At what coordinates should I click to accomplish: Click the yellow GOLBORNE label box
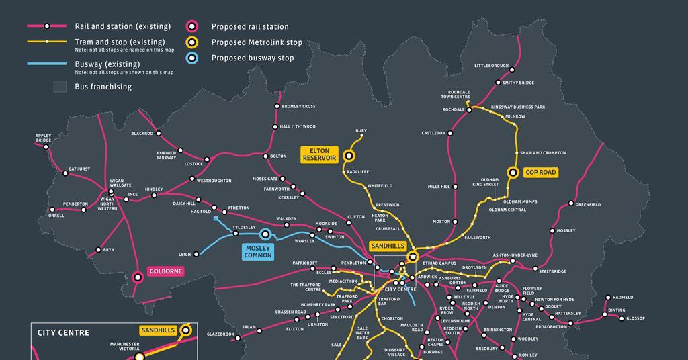(165, 271)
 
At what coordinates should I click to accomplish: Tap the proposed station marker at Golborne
(138, 276)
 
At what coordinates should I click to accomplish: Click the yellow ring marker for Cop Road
(513, 172)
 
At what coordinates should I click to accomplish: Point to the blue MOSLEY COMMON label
(258, 251)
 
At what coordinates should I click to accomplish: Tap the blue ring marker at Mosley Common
(265, 234)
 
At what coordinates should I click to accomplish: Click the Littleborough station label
(491, 66)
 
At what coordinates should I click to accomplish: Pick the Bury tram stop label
(361, 130)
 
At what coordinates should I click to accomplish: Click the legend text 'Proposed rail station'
(250, 27)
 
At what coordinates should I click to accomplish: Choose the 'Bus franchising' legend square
(60, 87)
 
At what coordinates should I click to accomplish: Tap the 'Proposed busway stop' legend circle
(192, 58)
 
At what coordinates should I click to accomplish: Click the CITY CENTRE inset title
(63, 332)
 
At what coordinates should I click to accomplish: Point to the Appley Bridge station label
(43, 138)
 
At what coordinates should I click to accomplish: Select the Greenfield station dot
(571, 204)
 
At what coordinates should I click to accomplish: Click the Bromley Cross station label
(298, 106)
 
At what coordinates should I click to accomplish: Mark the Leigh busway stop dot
(197, 255)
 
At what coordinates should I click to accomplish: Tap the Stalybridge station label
(552, 271)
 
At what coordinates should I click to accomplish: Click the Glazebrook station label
(220, 334)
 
